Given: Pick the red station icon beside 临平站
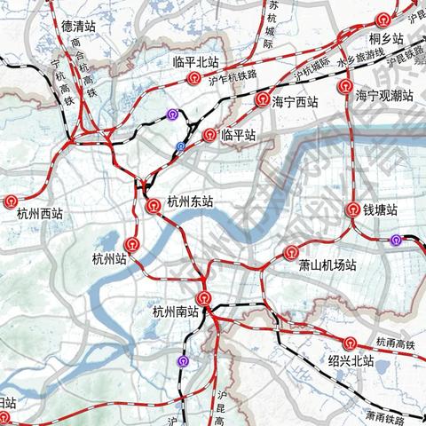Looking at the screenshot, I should pyautogui.click(x=209, y=135).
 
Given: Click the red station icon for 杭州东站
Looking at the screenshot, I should pyautogui.click(x=154, y=205).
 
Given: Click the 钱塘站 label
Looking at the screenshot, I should pyautogui.click(x=380, y=210).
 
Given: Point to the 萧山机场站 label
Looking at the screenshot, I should pyautogui.click(x=327, y=264).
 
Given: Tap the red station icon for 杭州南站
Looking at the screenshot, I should pyautogui.click(x=205, y=299).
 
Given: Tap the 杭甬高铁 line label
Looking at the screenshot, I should pyautogui.click(x=395, y=341).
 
